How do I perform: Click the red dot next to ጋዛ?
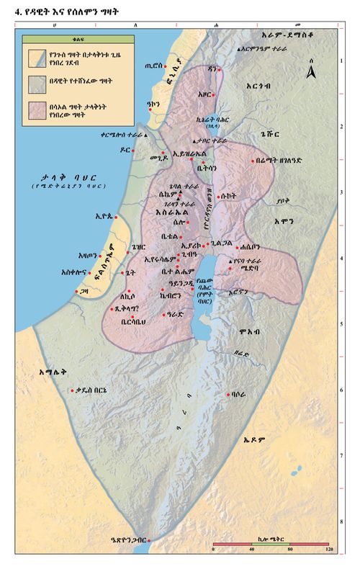pos(77,291)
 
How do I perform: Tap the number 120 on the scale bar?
pos(329,550)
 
